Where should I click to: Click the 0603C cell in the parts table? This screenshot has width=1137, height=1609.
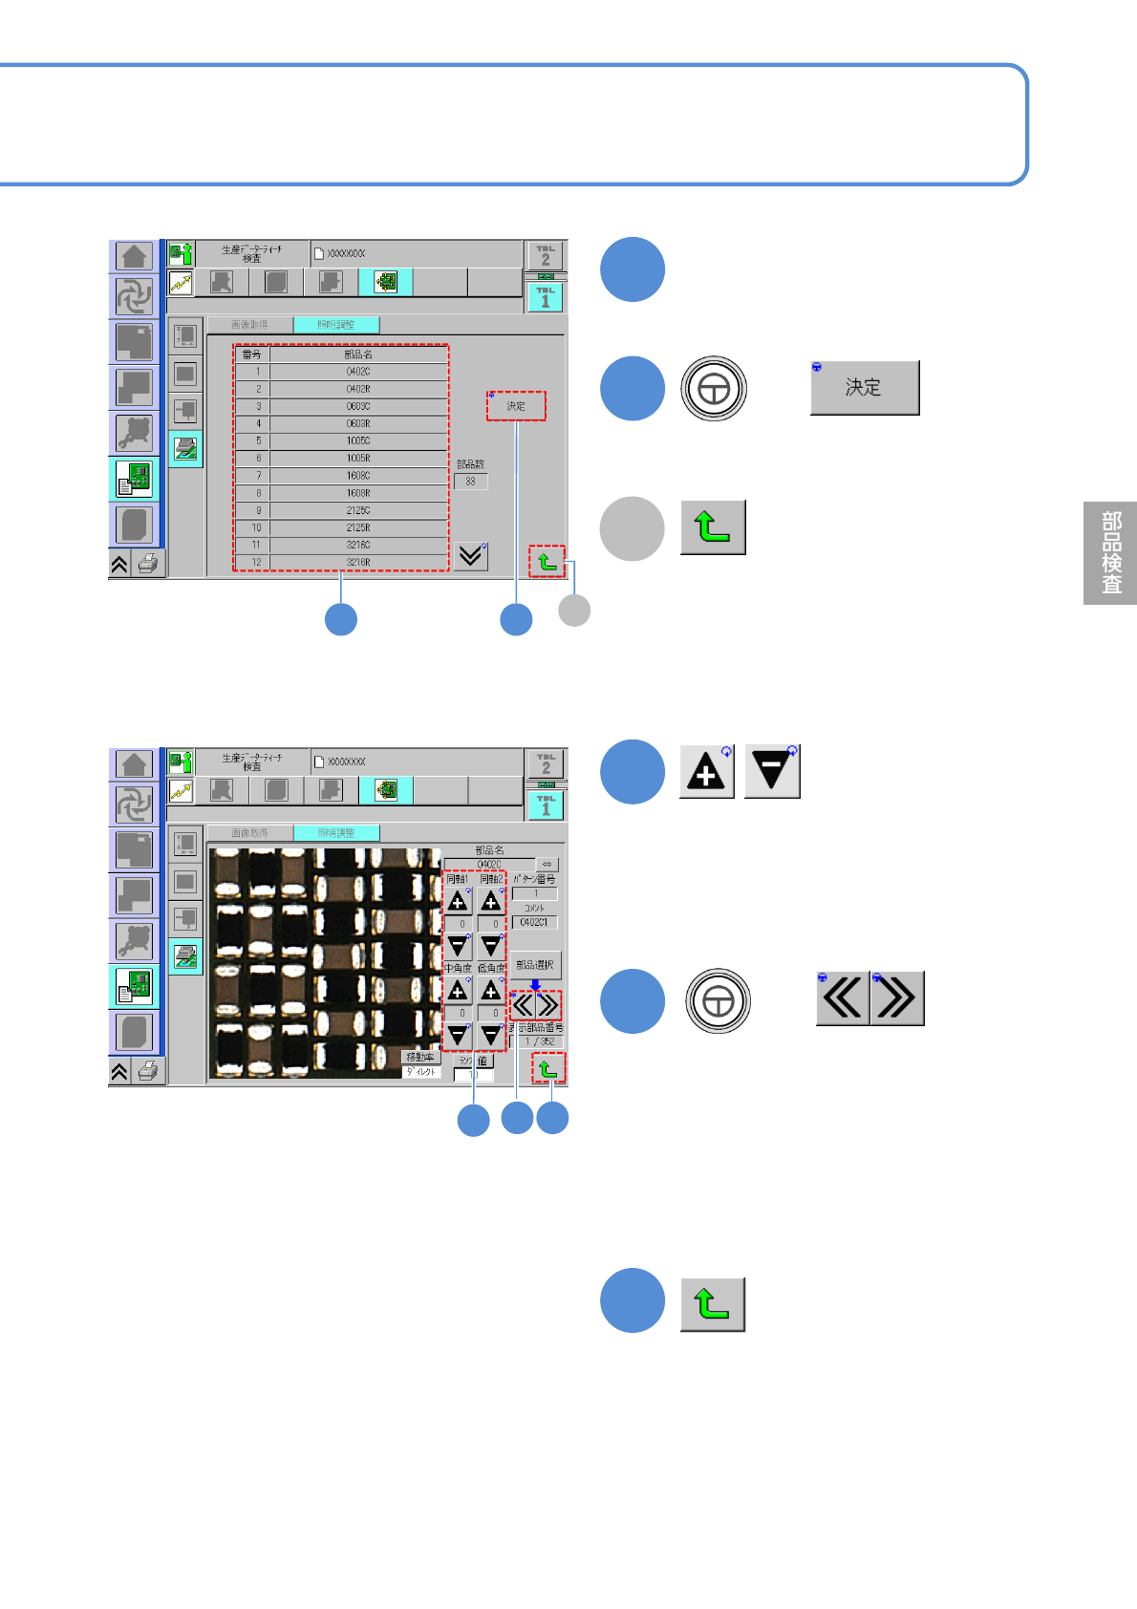358,406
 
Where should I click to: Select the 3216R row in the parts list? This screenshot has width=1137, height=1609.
358,562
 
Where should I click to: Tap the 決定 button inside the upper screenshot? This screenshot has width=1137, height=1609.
516,406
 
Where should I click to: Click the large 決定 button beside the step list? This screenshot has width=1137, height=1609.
865,387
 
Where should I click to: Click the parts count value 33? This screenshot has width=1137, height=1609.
470,482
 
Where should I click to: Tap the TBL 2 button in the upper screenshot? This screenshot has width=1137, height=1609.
546,256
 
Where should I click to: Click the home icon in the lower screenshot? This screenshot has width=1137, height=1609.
134,764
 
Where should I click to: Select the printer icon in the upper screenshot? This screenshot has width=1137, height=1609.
148,564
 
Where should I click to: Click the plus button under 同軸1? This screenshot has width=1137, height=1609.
458,901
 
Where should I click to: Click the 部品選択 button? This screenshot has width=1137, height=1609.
535,965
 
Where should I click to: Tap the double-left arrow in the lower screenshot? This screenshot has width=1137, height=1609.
523,1005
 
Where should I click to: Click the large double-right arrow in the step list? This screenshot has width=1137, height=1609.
897,998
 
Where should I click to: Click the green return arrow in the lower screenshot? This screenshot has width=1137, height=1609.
548,1068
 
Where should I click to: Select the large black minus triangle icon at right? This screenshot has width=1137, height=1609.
772,771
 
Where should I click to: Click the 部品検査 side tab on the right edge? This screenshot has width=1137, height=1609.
1110,552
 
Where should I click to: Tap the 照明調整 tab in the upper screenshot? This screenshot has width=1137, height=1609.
336,325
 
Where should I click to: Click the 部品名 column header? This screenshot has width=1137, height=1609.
358,354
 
